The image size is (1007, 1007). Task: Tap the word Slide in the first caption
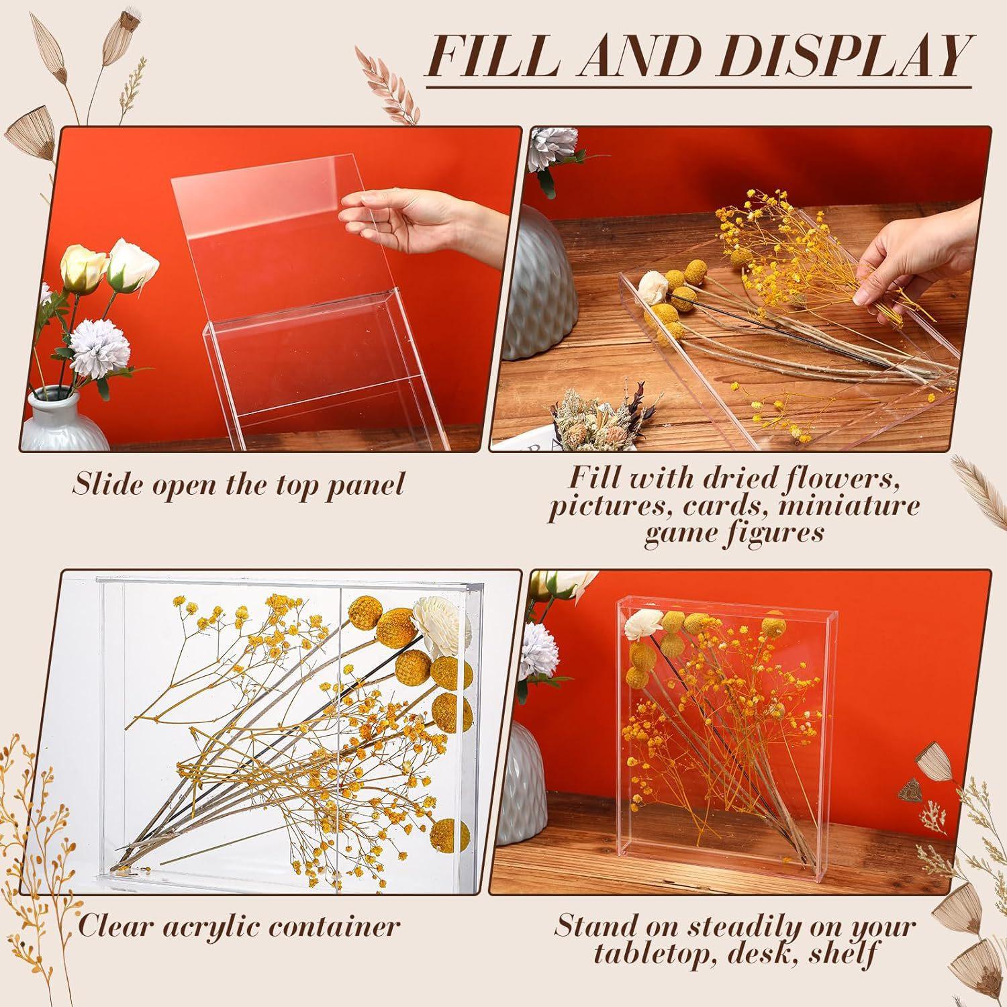tap(102, 483)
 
